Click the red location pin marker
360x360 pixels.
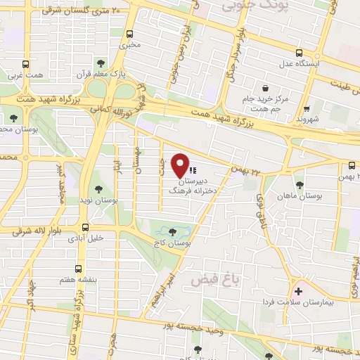tap(181, 164)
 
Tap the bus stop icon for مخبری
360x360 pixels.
tap(130, 34)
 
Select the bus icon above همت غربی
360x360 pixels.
tap(25, 63)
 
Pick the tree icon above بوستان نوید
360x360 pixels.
tap(98, 190)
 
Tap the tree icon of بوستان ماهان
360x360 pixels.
tap(300, 184)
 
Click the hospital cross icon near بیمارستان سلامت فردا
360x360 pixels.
tap(299, 290)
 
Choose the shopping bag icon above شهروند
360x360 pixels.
tap(307, 109)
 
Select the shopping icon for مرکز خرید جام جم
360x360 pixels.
tap(265, 88)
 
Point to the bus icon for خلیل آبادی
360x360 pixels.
tap(86, 227)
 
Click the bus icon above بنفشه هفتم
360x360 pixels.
tap(77, 269)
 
